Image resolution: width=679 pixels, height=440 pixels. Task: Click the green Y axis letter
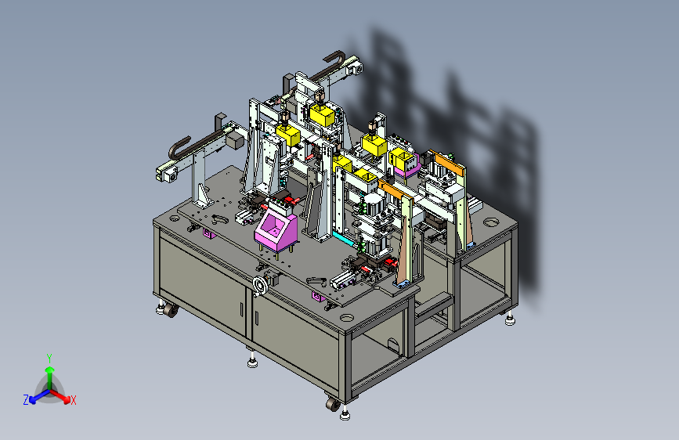pyautogui.click(x=49, y=358)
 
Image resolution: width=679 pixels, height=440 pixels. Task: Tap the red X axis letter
pyautogui.click(x=73, y=401)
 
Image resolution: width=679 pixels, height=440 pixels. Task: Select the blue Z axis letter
pyautogui.click(x=26, y=400)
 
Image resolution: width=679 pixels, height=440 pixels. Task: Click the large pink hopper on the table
pyautogui.click(x=276, y=230)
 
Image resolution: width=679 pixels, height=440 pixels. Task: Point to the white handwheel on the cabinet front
pyautogui.click(x=261, y=285)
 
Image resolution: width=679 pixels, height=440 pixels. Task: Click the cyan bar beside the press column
pyautogui.click(x=345, y=238)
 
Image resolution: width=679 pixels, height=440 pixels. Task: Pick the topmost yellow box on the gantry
pyautogui.click(x=322, y=114)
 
